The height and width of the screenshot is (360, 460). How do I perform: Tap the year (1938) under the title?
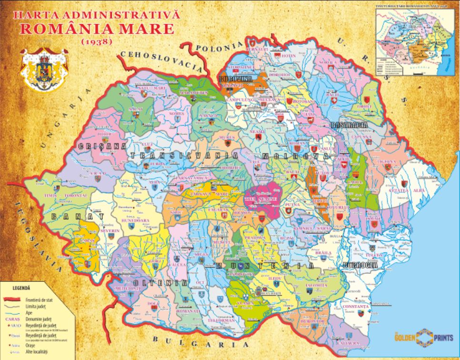[x=96, y=41]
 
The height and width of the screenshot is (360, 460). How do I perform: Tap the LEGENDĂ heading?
[x=21, y=288]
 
